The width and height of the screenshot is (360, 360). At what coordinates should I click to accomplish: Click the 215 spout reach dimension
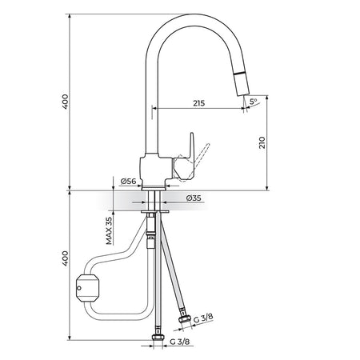click(199, 103)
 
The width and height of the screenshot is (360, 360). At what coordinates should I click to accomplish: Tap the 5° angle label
click(253, 102)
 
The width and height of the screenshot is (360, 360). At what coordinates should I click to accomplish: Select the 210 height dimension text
click(262, 142)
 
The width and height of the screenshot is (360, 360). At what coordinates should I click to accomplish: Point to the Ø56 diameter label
click(128, 182)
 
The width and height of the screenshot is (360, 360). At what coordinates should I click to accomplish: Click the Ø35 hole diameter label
click(194, 198)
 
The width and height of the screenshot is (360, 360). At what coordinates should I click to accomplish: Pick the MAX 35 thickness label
click(109, 230)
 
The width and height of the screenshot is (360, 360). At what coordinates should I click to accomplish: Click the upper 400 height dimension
click(65, 102)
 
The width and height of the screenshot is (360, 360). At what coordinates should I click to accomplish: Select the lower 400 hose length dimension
click(65, 258)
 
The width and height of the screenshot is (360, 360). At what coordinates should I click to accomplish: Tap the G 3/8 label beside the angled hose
click(203, 318)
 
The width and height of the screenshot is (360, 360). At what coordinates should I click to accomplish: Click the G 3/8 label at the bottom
click(180, 342)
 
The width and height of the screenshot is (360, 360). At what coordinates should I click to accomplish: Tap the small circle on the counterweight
click(78, 288)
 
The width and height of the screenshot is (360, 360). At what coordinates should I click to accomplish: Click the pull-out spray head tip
click(243, 93)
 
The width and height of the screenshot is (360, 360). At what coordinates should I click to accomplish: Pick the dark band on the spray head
click(239, 74)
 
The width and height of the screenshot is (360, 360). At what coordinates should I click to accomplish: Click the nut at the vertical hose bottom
click(158, 338)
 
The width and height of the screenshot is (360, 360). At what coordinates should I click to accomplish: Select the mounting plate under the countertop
click(155, 212)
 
